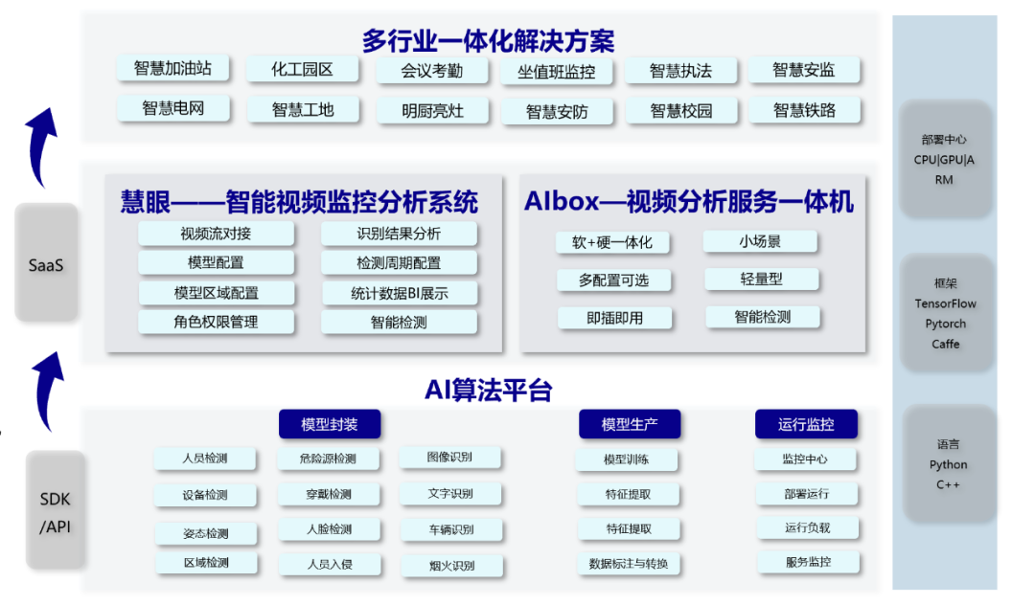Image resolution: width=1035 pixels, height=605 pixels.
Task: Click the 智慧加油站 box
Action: [x=172, y=69]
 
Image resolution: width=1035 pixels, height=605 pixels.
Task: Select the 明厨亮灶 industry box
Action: [x=432, y=111]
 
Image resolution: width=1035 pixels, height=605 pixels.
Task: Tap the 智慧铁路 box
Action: [x=804, y=110]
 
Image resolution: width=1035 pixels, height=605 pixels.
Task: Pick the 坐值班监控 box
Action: [x=557, y=72]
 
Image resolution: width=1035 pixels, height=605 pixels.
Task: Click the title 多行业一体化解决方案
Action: [x=488, y=41]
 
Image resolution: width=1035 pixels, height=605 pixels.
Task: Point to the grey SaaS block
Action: [x=46, y=262]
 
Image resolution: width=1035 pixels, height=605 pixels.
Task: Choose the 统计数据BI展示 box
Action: [x=400, y=293]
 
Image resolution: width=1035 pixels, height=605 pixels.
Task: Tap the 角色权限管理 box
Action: [x=216, y=323]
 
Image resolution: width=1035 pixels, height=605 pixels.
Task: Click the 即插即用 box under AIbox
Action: [x=614, y=319]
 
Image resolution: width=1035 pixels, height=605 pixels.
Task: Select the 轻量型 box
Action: [x=761, y=280]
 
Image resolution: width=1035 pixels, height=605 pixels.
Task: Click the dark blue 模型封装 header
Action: [x=330, y=424]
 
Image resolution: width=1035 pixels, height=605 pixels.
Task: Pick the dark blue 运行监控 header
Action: [x=806, y=424]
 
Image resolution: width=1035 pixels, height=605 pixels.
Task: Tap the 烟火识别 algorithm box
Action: [x=452, y=566]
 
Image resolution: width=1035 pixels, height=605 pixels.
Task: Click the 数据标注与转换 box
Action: [x=629, y=564]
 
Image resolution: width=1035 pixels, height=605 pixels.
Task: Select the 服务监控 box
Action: [x=808, y=562]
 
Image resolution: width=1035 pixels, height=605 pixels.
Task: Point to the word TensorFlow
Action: [x=945, y=303]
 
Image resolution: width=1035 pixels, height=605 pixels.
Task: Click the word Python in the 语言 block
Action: [x=949, y=464]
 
